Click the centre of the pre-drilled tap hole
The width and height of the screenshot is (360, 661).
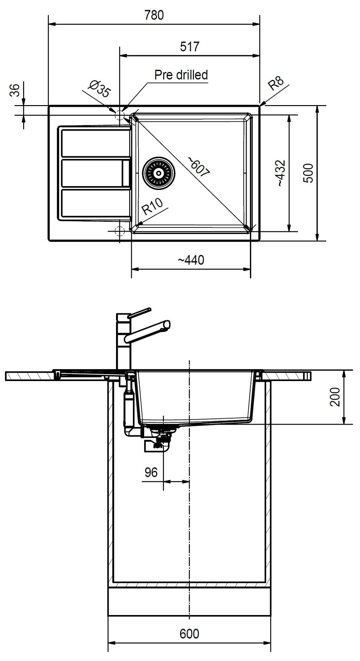[x=119, y=115]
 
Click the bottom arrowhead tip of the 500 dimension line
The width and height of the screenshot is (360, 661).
[x=317, y=240]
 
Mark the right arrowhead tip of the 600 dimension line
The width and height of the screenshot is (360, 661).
[x=271, y=643]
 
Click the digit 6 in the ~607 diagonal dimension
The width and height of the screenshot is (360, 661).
[x=193, y=161]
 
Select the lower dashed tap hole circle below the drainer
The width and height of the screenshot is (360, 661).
[x=119, y=231]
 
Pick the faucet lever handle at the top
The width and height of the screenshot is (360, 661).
[x=139, y=313]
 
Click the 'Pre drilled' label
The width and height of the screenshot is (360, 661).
[x=181, y=75]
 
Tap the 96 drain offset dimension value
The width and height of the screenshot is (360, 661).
[x=151, y=472]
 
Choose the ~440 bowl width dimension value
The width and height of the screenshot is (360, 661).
[x=191, y=260]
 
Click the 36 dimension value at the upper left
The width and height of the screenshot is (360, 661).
[x=15, y=90]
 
